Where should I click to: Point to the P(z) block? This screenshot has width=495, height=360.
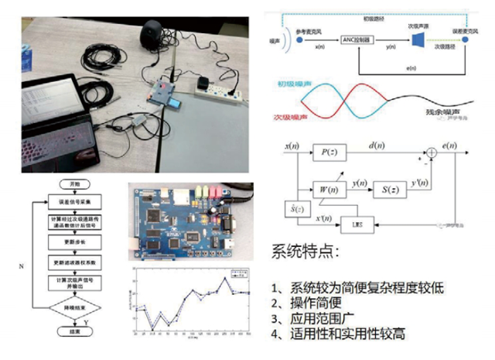[329, 153]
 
